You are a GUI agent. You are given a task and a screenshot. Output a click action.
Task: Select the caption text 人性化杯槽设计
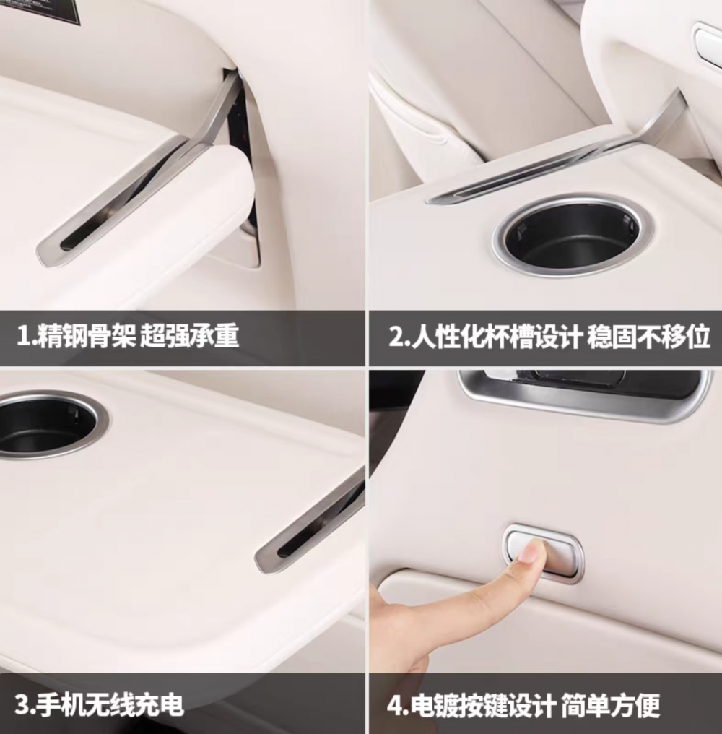[497, 336]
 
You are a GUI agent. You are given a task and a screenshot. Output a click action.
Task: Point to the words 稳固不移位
[649, 336]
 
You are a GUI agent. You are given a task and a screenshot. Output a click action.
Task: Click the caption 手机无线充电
[110, 705]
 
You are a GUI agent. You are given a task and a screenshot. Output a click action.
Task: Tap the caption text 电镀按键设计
[483, 705]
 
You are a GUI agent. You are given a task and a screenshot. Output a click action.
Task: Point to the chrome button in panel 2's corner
[708, 45]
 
